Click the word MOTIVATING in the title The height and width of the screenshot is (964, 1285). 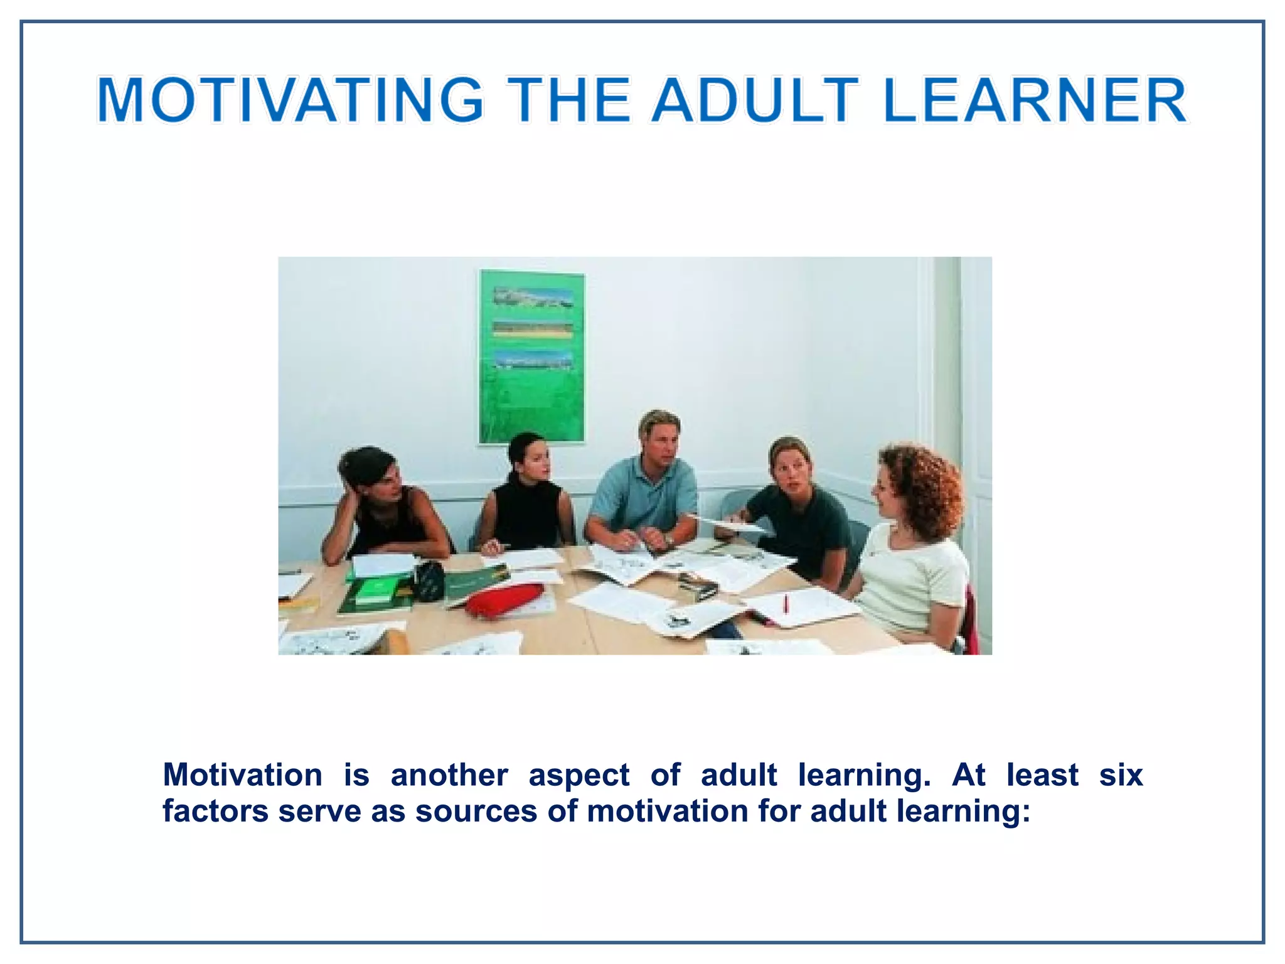pyautogui.click(x=290, y=100)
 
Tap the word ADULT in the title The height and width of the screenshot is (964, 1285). pyautogui.click(x=754, y=100)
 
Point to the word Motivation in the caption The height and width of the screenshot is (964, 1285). pyautogui.click(x=242, y=775)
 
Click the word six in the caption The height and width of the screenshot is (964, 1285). pyautogui.click(x=1121, y=775)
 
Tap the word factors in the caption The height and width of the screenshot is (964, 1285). pyautogui.click(x=215, y=811)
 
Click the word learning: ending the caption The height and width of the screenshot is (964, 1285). pyautogui.click(x=963, y=811)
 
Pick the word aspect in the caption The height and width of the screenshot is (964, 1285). pyautogui.click(x=579, y=775)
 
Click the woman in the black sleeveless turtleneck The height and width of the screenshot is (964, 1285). pyautogui.click(x=527, y=502)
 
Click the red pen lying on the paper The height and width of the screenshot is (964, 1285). pyautogui.click(x=786, y=604)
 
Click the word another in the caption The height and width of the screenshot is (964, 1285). pyautogui.click(x=449, y=775)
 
